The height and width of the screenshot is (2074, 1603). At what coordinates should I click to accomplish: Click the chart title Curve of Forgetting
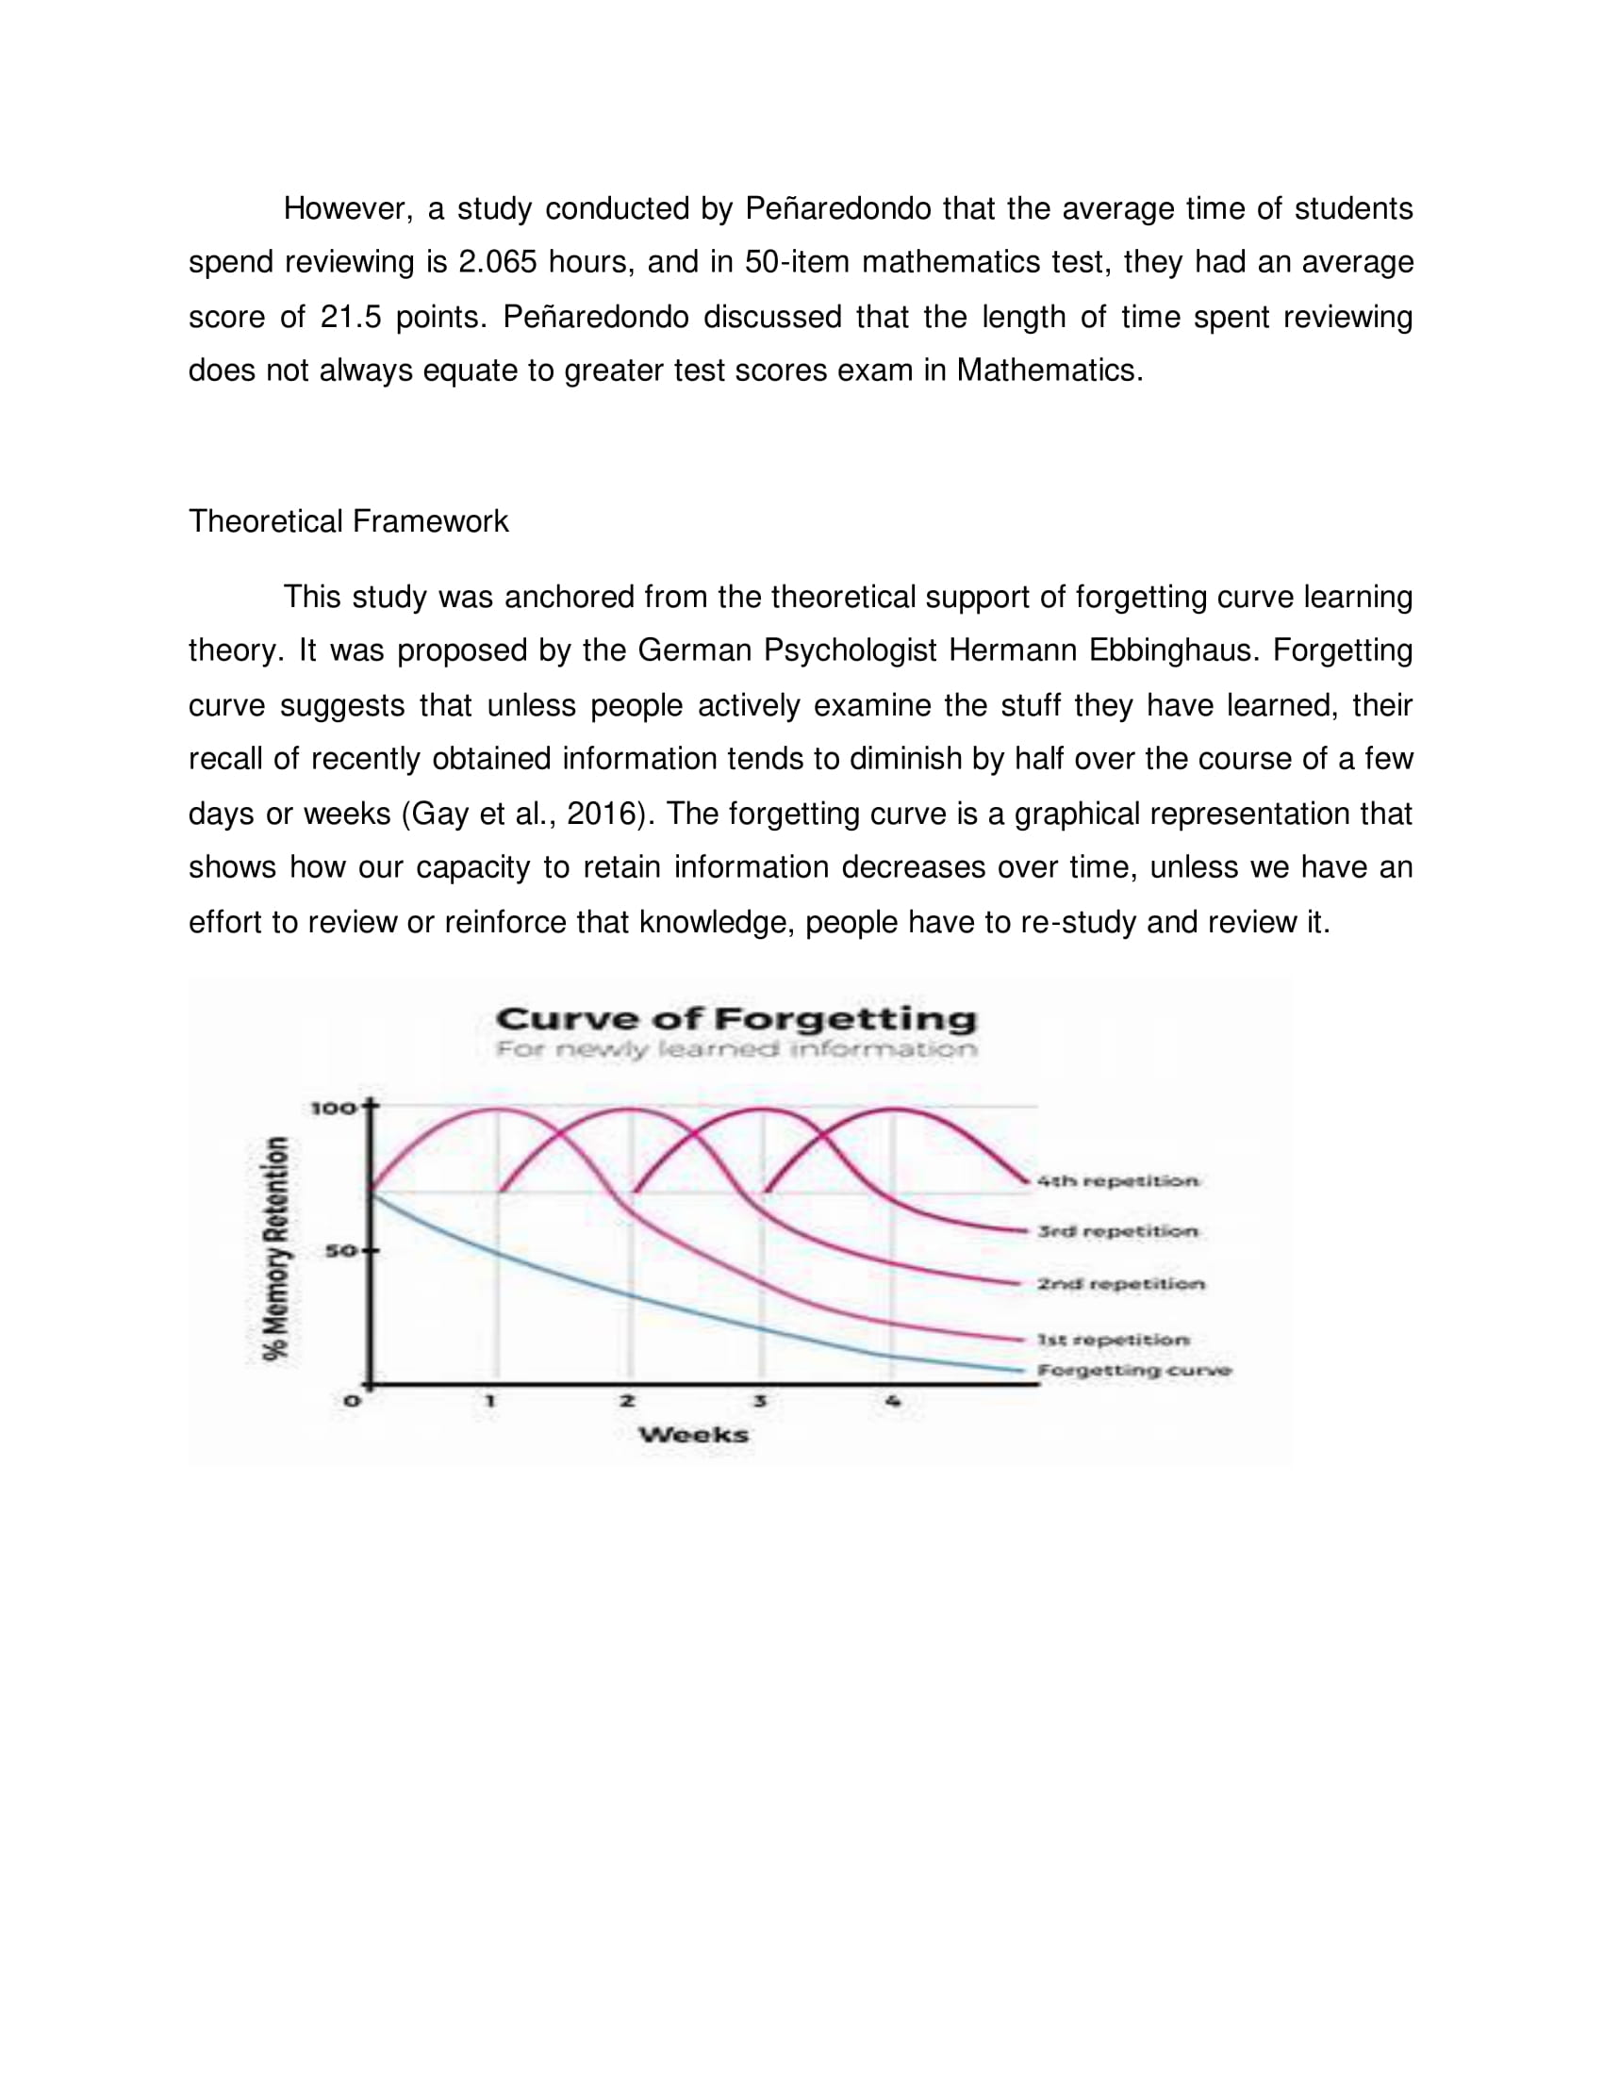(x=736, y=1019)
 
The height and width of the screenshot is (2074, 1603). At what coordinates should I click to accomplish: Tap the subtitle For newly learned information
(x=736, y=1049)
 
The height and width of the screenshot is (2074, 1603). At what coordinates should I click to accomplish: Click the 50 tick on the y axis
(x=339, y=1251)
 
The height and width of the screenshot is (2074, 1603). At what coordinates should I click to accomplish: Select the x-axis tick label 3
(x=760, y=1401)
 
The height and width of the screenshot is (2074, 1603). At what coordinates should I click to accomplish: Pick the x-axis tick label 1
(x=490, y=1401)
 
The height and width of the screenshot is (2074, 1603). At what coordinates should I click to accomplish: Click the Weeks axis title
(x=693, y=1435)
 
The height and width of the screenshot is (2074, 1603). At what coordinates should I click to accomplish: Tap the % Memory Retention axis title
(x=276, y=1249)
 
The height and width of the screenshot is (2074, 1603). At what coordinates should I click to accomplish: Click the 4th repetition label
(x=1116, y=1181)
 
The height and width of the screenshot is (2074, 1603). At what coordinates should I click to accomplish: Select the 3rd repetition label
(x=1116, y=1232)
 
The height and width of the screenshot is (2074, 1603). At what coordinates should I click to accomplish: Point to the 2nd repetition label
(x=1120, y=1284)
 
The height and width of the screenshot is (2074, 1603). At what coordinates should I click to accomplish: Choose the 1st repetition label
(x=1113, y=1340)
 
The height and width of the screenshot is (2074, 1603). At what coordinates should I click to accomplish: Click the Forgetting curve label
(x=1133, y=1371)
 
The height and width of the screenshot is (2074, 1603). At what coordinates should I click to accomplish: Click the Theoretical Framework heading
(x=349, y=521)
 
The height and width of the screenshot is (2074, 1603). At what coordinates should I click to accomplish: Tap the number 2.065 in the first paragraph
(x=498, y=262)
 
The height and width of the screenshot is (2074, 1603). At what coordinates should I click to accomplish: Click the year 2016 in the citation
(x=600, y=814)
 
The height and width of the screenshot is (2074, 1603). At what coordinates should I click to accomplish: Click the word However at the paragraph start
(x=347, y=209)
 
